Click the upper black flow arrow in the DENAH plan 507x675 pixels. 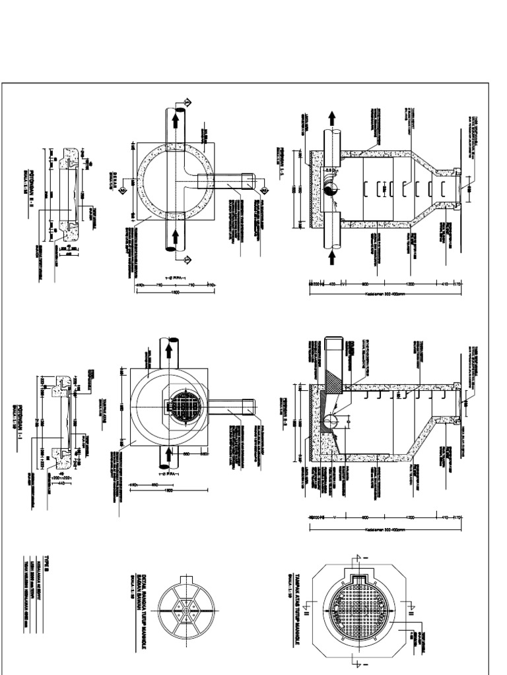click(x=176, y=118)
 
